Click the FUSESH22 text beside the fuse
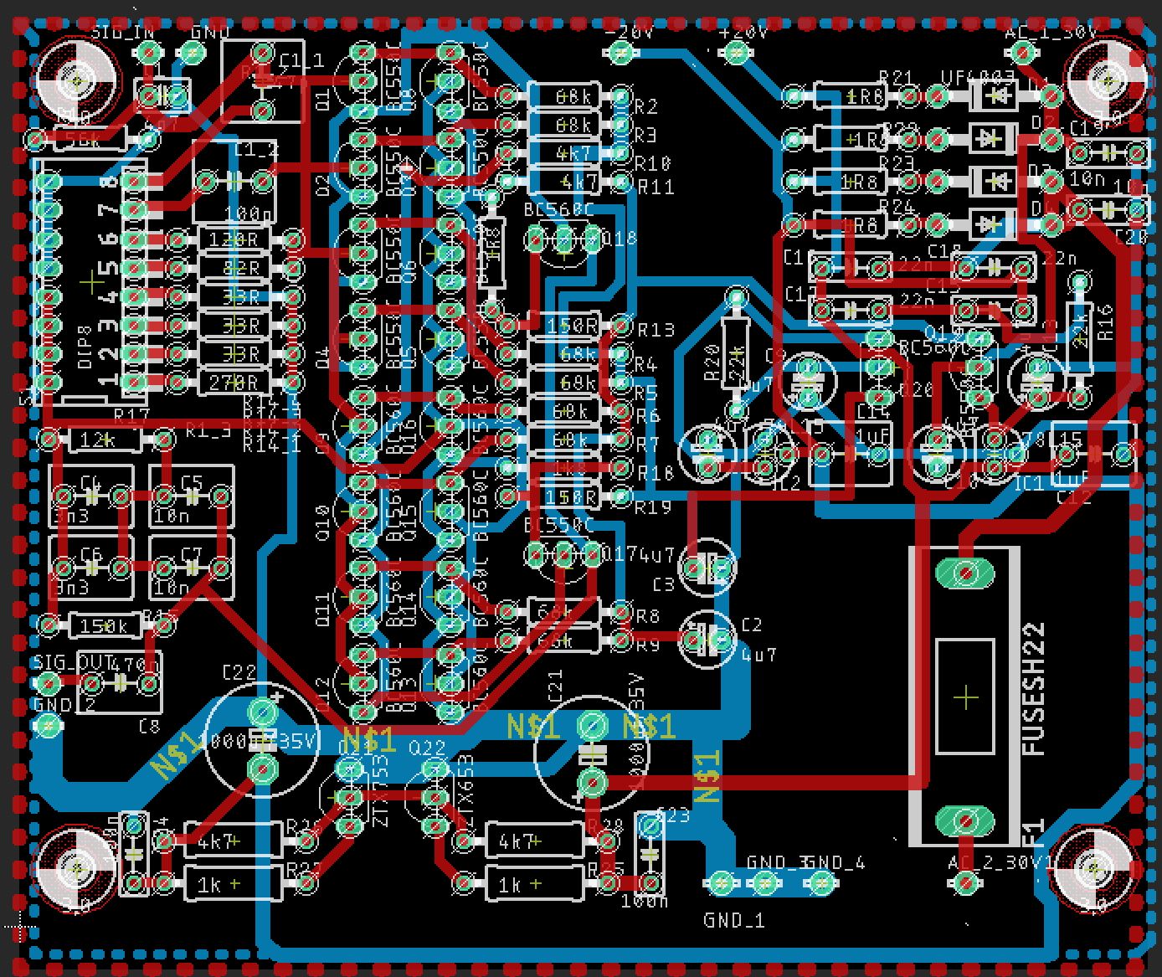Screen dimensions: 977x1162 (1035, 689)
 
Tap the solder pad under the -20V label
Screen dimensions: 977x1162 (620, 54)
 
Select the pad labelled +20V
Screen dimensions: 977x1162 (736, 54)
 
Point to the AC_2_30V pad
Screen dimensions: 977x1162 (966, 881)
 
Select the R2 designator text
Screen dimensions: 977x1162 (645, 106)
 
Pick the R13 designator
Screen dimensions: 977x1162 (656, 329)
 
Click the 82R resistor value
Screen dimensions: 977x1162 (241, 269)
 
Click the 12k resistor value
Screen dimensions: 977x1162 (97, 440)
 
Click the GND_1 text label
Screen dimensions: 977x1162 (734, 920)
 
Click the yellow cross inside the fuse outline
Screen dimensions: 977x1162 (966, 697)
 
